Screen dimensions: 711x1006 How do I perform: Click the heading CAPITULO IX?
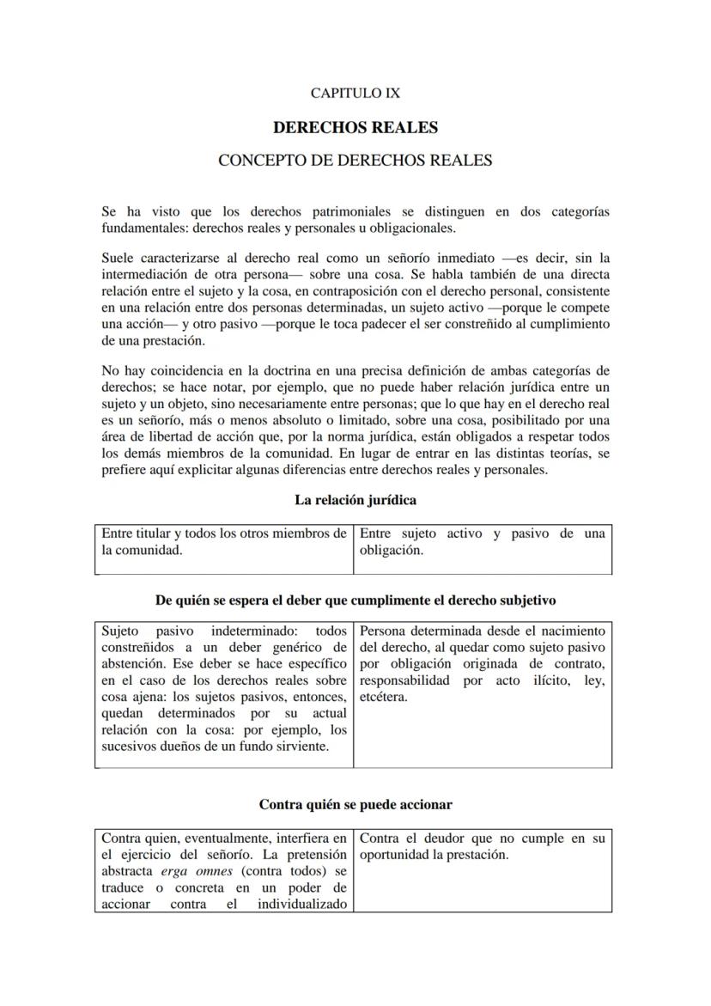click(355, 93)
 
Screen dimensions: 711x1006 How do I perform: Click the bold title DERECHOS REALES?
click(355, 127)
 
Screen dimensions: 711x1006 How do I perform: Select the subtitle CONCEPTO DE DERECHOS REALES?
click(355, 161)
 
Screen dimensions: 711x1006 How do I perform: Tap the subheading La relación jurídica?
click(355, 500)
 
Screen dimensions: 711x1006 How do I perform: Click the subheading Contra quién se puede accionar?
click(355, 805)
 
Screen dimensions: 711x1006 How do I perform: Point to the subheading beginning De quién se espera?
click(355, 600)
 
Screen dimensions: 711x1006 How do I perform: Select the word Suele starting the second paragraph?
click(118, 258)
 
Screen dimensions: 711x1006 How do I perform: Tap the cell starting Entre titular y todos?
click(223, 542)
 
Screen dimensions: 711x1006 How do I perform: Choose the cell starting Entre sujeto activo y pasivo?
click(482, 542)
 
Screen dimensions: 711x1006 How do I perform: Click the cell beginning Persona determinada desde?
click(482, 663)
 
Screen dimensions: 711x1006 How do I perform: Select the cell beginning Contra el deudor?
click(482, 847)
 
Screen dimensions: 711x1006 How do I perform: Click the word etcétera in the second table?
click(384, 697)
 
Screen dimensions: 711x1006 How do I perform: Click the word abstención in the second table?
click(132, 664)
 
